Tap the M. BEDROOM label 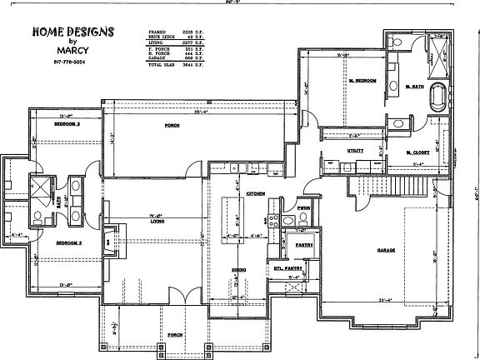(362, 80)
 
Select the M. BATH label (414, 86)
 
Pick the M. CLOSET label (417, 152)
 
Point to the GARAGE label (385, 250)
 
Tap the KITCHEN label (256, 192)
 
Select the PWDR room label (303, 208)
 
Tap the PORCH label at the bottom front (176, 335)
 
